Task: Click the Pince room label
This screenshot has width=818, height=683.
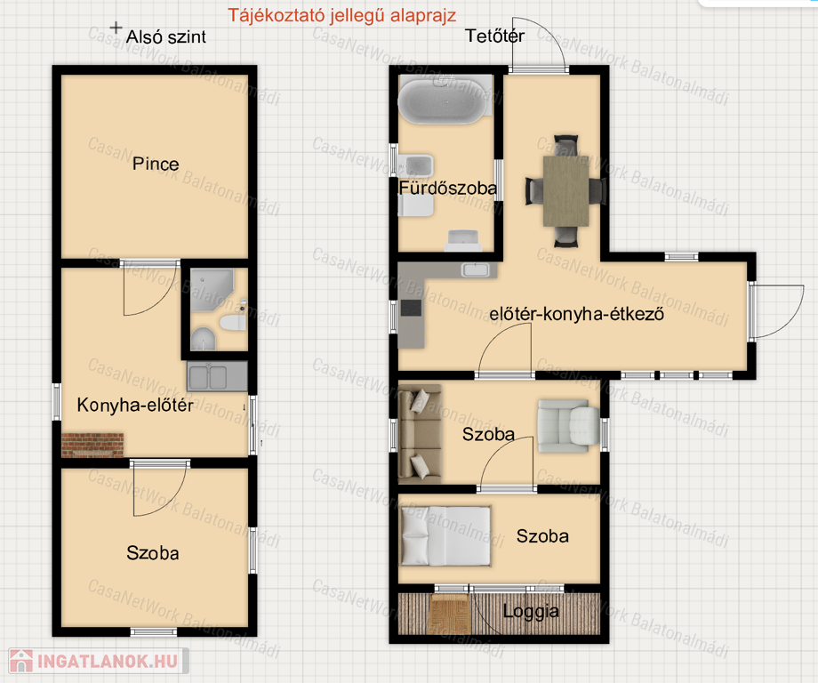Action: point(156,164)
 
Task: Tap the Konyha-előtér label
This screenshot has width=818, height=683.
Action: point(135,405)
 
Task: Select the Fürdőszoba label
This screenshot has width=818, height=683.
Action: point(447,188)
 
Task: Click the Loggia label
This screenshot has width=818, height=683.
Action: point(531,612)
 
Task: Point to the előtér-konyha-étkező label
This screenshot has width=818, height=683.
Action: point(576,314)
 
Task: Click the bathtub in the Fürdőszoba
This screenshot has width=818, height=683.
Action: point(445,99)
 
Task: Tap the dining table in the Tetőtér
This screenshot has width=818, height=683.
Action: point(566,191)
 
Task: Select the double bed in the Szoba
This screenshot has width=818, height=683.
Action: point(445,536)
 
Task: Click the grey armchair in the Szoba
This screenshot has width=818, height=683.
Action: point(568,426)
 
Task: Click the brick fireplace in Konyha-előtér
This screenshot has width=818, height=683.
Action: point(92,445)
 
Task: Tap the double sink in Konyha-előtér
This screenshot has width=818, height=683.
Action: point(217,376)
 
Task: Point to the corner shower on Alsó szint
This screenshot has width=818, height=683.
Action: point(212,290)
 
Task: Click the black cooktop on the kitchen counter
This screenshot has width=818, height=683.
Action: point(411,308)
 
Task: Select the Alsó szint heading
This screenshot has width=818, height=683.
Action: point(166,37)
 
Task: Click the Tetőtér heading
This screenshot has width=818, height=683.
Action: point(494,36)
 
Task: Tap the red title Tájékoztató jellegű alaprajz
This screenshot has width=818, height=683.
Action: point(342,16)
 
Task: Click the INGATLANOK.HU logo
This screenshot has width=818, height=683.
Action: point(99,661)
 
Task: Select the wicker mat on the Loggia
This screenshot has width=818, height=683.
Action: point(449,614)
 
